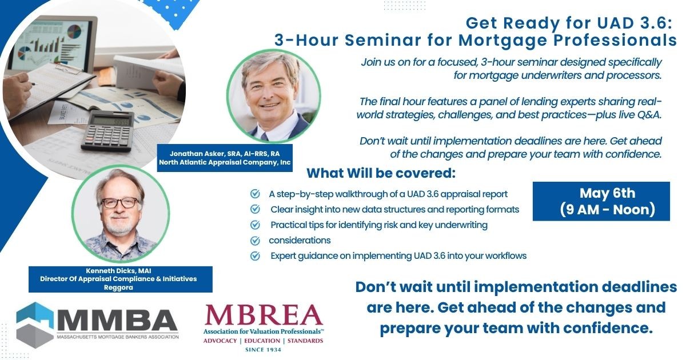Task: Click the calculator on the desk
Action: coord(107,131)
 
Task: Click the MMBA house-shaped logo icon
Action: coord(35,325)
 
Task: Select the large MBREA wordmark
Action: coord(264,315)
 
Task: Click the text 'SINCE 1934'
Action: coord(264,350)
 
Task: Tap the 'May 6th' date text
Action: coord(607,193)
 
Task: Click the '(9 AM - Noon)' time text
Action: coord(607,210)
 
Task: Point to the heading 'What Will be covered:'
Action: coord(381,173)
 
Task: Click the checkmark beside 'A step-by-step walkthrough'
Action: coord(255,194)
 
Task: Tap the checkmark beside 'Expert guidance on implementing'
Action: coord(255,255)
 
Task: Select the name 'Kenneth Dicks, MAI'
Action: coord(118,271)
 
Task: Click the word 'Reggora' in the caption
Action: coord(118,287)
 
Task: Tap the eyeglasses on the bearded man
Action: coord(120,203)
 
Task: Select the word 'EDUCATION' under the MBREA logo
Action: coord(262,341)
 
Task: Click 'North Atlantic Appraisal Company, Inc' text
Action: coord(225,162)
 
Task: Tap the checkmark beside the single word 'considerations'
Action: coord(255,241)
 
